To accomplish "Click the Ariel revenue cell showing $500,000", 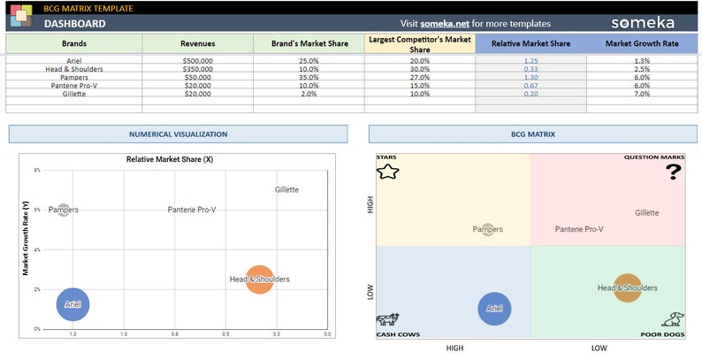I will (x=197, y=60).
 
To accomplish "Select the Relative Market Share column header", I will (x=530, y=43).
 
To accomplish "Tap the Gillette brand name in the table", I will (x=73, y=93).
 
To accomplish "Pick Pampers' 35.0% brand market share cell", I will (x=309, y=77).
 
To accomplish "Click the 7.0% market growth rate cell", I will (x=642, y=93).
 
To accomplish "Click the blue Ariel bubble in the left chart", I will (x=73, y=304).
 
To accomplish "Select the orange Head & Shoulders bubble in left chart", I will (x=259, y=280).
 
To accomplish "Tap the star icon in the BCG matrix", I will (x=387, y=172).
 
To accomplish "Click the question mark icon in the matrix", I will (x=674, y=172).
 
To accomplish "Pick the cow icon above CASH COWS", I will (x=387, y=320).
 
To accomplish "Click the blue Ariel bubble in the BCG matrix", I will (x=494, y=309).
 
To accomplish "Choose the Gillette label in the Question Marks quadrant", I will (x=646, y=212).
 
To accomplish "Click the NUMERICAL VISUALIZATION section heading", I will (x=178, y=134).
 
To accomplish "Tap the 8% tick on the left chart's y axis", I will (x=37, y=170).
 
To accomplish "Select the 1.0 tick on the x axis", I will (x=124, y=334).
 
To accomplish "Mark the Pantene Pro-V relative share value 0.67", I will (x=530, y=85).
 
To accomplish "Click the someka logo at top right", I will (x=642, y=23).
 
